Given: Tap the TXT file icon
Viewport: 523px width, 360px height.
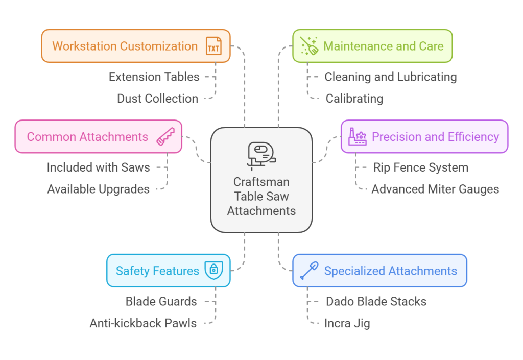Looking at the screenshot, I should tap(213, 46).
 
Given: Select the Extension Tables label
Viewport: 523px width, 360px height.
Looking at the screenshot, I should tap(154, 77).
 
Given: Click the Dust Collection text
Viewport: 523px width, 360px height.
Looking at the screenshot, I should tap(157, 99).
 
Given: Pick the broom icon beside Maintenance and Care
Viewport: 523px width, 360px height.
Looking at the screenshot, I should tap(308, 46).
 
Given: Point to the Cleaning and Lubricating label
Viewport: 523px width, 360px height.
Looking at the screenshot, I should tap(390, 77).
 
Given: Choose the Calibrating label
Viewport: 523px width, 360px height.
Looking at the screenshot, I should tap(354, 99).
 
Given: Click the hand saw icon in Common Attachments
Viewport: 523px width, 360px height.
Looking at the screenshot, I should tap(165, 137).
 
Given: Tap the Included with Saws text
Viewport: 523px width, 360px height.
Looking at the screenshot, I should tap(98, 167).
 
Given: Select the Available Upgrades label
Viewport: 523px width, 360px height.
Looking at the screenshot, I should tap(98, 189).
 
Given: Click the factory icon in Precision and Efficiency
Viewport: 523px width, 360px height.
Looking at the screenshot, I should tap(357, 137).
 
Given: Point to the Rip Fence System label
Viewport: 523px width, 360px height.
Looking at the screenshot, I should tap(420, 167).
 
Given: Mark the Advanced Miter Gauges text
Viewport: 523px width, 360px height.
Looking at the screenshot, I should tap(435, 189).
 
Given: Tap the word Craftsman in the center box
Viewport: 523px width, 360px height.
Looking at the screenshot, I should tap(261, 182).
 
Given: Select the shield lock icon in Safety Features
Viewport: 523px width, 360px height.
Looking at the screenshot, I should tap(213, 271).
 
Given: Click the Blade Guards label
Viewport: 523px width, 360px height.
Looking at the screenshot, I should tap(161, 301).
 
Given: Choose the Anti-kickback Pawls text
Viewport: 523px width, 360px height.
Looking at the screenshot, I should tap(143, 323).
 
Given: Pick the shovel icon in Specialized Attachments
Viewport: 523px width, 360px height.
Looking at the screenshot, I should tap(309, 271).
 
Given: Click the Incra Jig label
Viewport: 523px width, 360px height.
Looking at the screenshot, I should tap(347, 323).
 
